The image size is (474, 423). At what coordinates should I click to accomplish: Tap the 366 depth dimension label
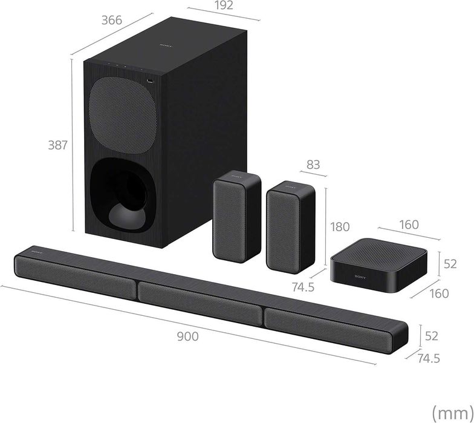coord(111,20)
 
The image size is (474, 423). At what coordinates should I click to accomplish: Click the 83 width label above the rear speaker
coord(313,164)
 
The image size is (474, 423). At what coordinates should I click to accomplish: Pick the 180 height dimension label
coord(340,227)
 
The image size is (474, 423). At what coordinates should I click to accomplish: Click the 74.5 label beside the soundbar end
coord(427,358)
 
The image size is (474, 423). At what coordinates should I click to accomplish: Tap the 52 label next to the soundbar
coord(431,335)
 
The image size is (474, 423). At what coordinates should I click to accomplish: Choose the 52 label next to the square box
coord(449,264)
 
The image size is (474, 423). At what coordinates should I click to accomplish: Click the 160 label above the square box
coord(409,225)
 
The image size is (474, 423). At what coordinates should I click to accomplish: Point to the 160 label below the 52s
coord(439,293)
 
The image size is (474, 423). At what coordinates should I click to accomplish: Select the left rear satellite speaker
coord(236,215)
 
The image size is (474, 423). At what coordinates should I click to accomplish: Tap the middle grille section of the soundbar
coord(200,297)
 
